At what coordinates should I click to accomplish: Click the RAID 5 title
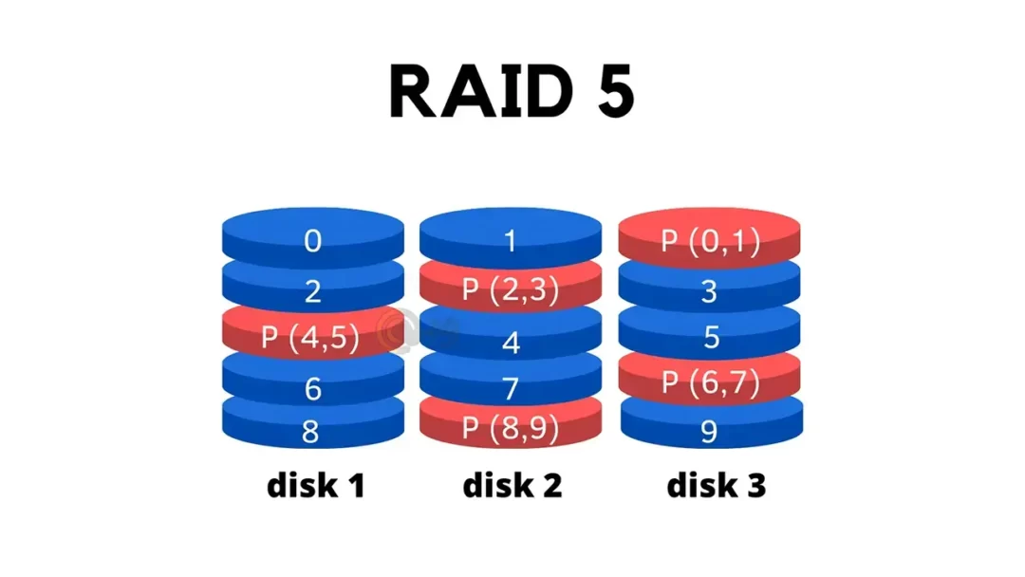pyautogui.click(x=512, y=91)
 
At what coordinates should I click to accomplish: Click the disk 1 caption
pyautogui.click(x=315, y=486)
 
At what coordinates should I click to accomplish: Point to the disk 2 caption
pyautogui.click(x=512, y=486)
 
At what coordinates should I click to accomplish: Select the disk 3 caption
pyautogui.click(x=716, y=486)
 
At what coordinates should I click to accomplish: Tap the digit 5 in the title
pyautogui.click(x=610, y=91)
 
